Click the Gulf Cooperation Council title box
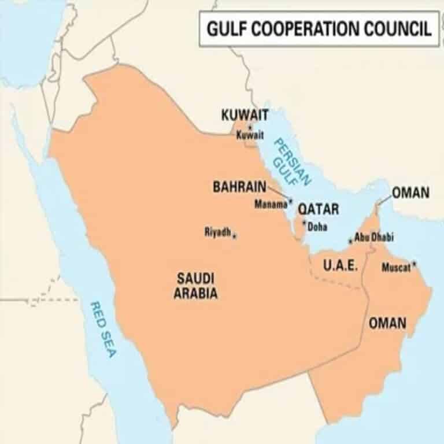tap(319, 28)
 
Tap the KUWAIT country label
tap(245, 114)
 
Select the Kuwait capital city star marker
tap(250, 127)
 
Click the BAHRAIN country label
tap(239, 187)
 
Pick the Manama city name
tap(271, 204)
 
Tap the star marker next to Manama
tap(291, 201)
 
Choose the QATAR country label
tap(319, 209)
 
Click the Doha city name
tap(317, 227)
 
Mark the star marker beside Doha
tap(305, 223)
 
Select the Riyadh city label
tap(218, 232)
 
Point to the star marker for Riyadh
tap(235, 235)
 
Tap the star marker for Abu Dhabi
tap(350, 241)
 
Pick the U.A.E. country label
tap(341, 266)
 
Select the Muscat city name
tap(396, 268)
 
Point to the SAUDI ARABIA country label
tap(196, 286)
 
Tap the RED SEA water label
tap(103, 329)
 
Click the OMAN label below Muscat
tap(387, 323)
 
